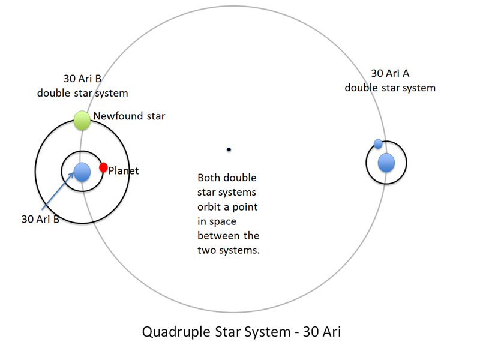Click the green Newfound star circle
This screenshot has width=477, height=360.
tap(82, 120)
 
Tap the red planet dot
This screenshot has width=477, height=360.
tap(103, 167)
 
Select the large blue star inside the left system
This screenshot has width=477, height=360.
tap(82, 172)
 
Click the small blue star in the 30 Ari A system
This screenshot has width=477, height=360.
tap(378, 143)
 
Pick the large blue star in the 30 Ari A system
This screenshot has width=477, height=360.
tap(386, 163)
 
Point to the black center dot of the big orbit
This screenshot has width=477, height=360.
tap(229, 149)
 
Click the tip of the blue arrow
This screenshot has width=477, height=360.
tap(74, 173)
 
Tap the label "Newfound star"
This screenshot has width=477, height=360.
tap(129, 116)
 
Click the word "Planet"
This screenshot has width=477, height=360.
tap(124, 171)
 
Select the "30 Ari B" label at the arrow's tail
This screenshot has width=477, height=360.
tap(40, 219)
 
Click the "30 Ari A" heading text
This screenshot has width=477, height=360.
tap(390, 73)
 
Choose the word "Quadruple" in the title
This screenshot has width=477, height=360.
tap(176, 332)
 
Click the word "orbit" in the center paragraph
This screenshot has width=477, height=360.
tap(211, 207)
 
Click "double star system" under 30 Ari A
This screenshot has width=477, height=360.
tap(390, 88)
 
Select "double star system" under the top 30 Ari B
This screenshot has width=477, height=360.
tap(82, 93)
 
